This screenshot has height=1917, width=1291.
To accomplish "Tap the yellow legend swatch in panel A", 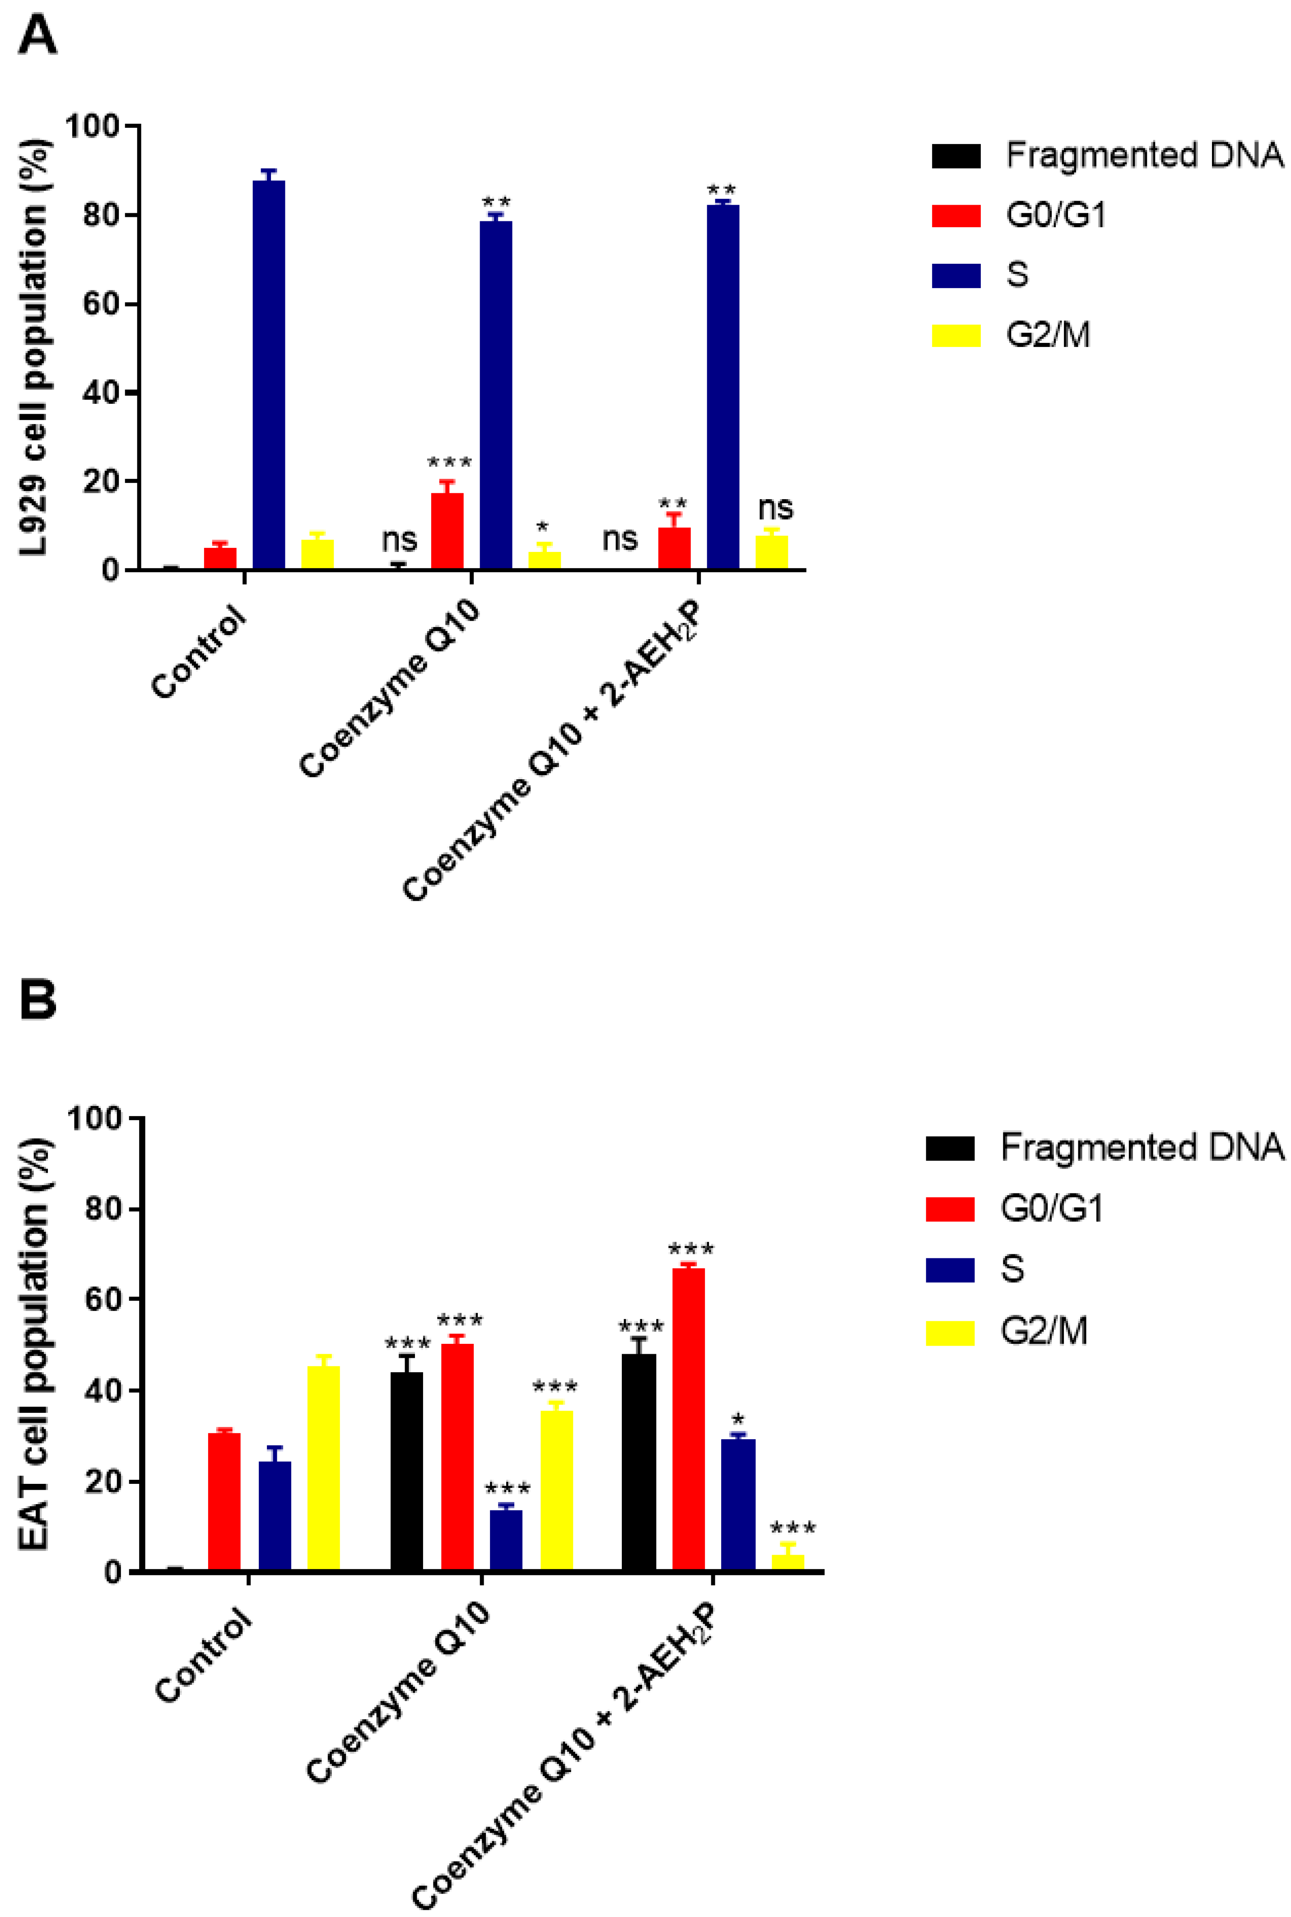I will click(956, 335).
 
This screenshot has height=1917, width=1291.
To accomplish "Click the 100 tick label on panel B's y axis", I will click(94, 1118).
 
